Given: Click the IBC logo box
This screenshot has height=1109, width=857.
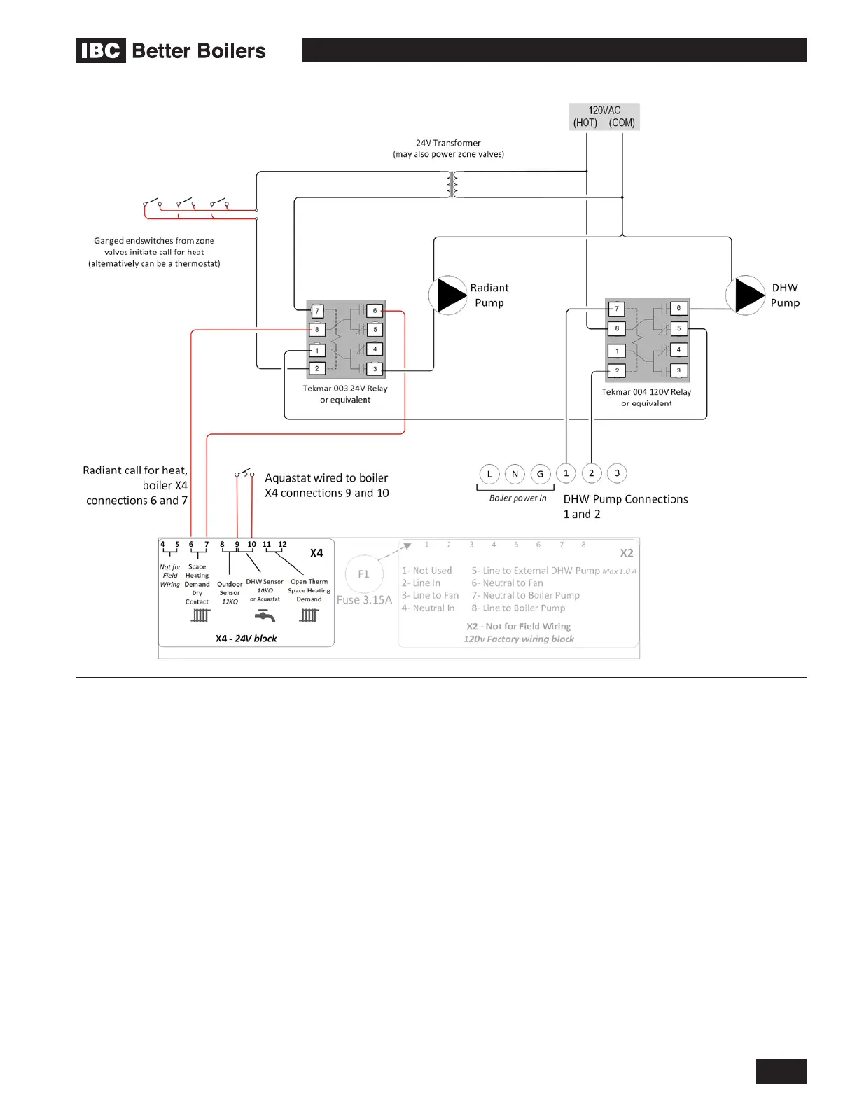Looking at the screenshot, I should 101,50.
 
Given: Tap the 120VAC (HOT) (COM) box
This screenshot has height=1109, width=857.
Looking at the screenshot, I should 604,117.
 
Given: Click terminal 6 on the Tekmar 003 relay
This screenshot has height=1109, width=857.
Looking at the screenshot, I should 375,310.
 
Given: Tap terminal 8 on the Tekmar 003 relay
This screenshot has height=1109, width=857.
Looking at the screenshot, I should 317,329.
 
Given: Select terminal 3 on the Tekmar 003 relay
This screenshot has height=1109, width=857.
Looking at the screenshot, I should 375,369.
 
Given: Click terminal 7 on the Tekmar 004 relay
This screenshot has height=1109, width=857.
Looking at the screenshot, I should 616,309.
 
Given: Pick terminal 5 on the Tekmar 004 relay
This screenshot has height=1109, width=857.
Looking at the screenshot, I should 678,328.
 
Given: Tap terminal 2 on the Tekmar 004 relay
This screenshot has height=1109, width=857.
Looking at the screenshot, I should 616,370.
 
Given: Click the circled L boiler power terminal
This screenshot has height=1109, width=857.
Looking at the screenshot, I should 489,474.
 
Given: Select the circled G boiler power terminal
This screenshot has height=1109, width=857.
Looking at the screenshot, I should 540,474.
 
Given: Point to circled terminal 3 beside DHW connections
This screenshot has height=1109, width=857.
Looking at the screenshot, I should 617,473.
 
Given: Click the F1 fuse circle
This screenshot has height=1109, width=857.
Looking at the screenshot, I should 363,574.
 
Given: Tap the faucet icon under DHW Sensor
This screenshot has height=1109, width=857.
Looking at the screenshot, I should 265,615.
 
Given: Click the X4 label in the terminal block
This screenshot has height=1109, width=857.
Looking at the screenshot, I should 316,553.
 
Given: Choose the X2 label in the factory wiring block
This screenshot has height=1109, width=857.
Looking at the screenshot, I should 626,553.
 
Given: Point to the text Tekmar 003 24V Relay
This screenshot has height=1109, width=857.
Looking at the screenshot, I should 344,389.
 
